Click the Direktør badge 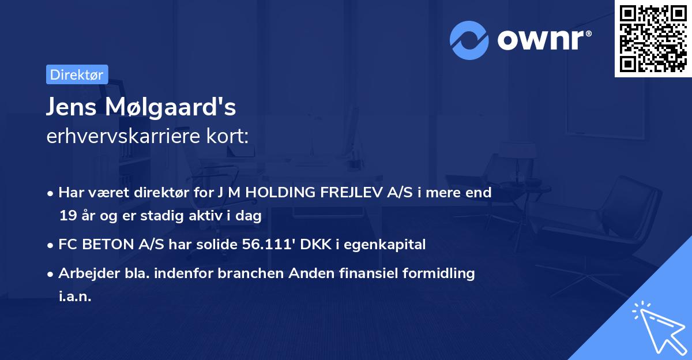pos(77,74)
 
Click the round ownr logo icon pos(470,40)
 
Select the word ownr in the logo pos(542,40)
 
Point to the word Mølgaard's pos(172,107)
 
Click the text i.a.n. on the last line pos(75,297)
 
